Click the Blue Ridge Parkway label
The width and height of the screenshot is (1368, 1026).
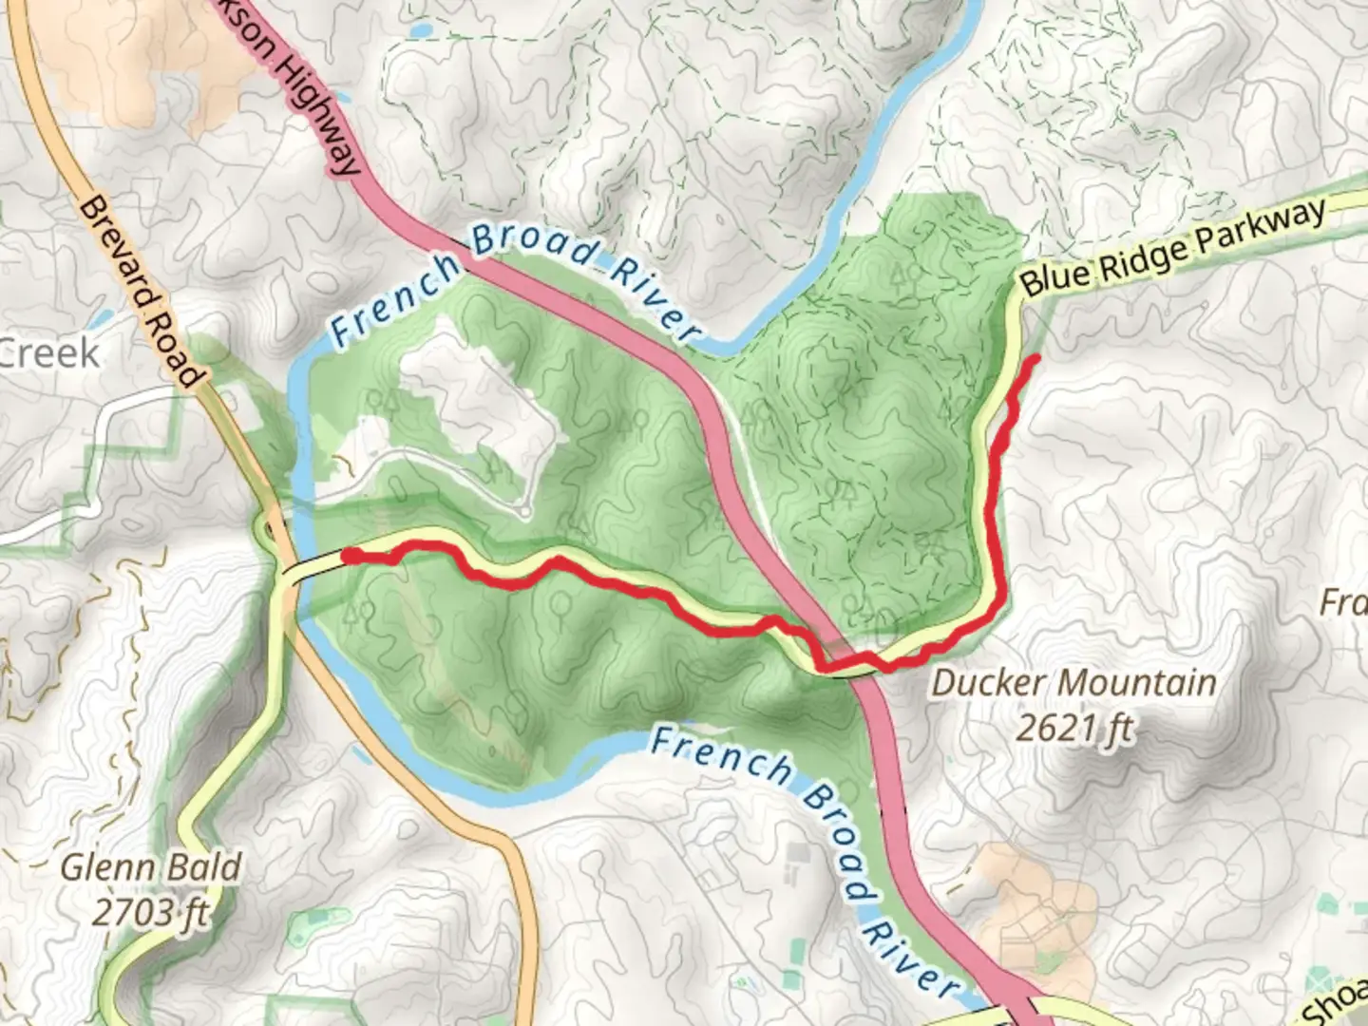pyautogui.click(x=1172, y=247)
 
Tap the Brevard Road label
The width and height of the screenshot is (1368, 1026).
pyautogui.click(x=142, y=291)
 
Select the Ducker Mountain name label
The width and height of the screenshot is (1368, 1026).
pyautogui.click(x=1073, y=682)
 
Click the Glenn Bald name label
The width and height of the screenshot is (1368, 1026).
pyautogui.click(x=151, y=866)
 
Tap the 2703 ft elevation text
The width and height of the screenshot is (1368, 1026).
pyautogui.click(x=151, y=912)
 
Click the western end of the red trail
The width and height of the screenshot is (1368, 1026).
pyautogui.click(x=349, y=556)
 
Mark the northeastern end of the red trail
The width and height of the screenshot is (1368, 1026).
pyautogui.click(x=1034, y=358)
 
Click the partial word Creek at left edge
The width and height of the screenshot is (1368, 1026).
pyautogui.click(x=49, y=353)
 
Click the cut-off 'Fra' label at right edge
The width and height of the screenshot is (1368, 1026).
pyautogui.click(x=1344, y=601)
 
